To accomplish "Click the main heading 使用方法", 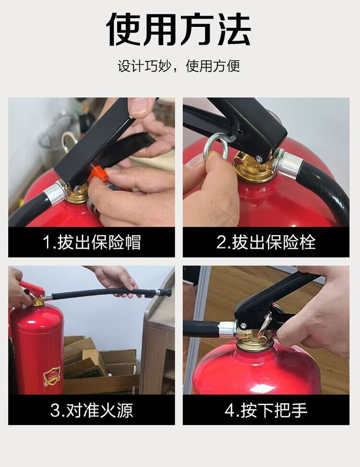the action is (x=179, y=29).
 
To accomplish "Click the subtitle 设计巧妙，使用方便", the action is (x=179, y=66).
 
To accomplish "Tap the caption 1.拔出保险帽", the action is (x=91, y=242).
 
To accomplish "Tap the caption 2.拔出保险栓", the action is (x=266, y=242).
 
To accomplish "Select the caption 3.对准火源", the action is (x=91, y=410).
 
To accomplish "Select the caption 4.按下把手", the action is (x=266, y=410).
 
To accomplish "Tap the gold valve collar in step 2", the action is (x=253, y=168).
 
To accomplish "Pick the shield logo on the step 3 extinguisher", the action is (x=52, y=376).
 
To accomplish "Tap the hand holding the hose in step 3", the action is (x=115, y=280).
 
